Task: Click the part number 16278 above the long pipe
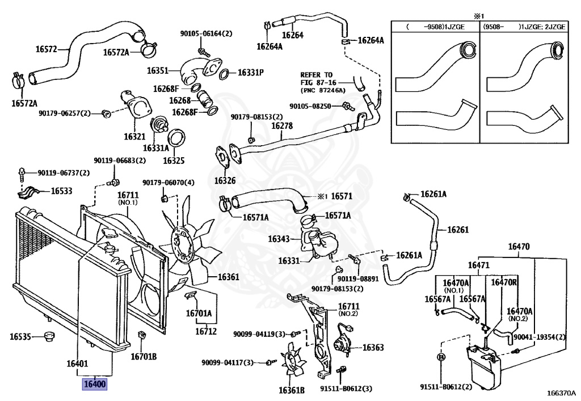point(282,126)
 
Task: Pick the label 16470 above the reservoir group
point(519,247)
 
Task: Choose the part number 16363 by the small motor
point(373,348)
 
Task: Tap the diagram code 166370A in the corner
point(561,392)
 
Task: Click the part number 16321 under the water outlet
point(134,136)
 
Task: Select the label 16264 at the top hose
point(293,35)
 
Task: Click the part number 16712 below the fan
point(206,331)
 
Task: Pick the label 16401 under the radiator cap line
point(77,363)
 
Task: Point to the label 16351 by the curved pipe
point(158,71)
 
